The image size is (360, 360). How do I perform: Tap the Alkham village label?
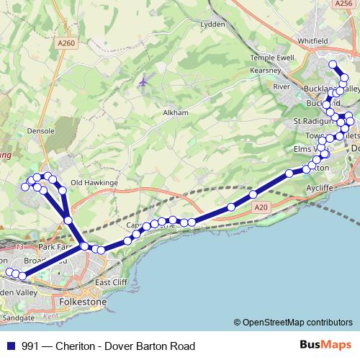[x=176, y=113]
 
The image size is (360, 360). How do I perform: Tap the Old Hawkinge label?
[x=94, y=183]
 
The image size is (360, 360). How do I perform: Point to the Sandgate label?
[x=18, y=317]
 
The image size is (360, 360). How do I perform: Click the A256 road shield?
[x=344, y=4]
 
